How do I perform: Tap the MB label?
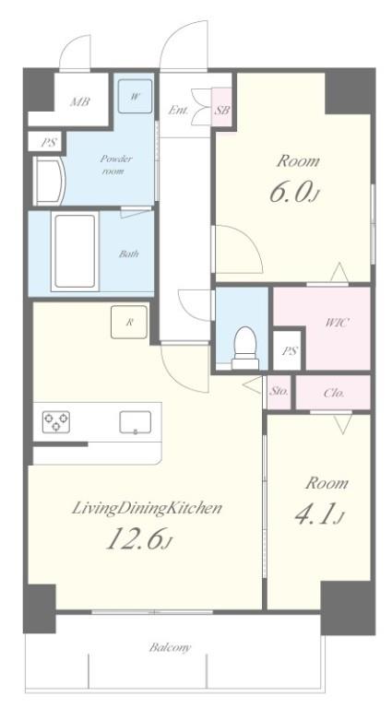(x=79, y=102)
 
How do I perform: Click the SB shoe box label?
(x=221, y=110)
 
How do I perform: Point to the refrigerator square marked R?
(x=129, y=322)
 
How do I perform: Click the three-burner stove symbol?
(x=56, y=421)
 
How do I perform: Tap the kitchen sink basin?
(x=135, y=422)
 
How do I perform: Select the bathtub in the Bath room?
(x=75, y=251)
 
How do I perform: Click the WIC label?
(x=338, y=323)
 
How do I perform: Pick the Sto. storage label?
(x=279, y=392)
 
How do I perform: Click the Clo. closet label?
(x=334, y=393)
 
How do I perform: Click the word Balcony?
(x=171, y=647)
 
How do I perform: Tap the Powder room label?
(x=116, y=165)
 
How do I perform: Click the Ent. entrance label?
(x=178, y=110)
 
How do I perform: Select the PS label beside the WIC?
(x=289, y=350)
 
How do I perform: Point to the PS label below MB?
(x=49, y=143)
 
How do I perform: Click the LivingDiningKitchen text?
(x=148, y=508)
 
